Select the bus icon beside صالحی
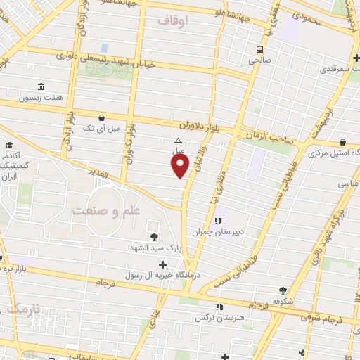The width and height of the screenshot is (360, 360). click(260, 49)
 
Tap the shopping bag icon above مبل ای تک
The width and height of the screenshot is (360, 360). click(103, 117)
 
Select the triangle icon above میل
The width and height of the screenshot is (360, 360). click(178, 141)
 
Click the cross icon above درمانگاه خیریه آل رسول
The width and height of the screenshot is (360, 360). click(164, 264)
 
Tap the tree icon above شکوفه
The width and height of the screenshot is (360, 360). click(283, 290)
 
